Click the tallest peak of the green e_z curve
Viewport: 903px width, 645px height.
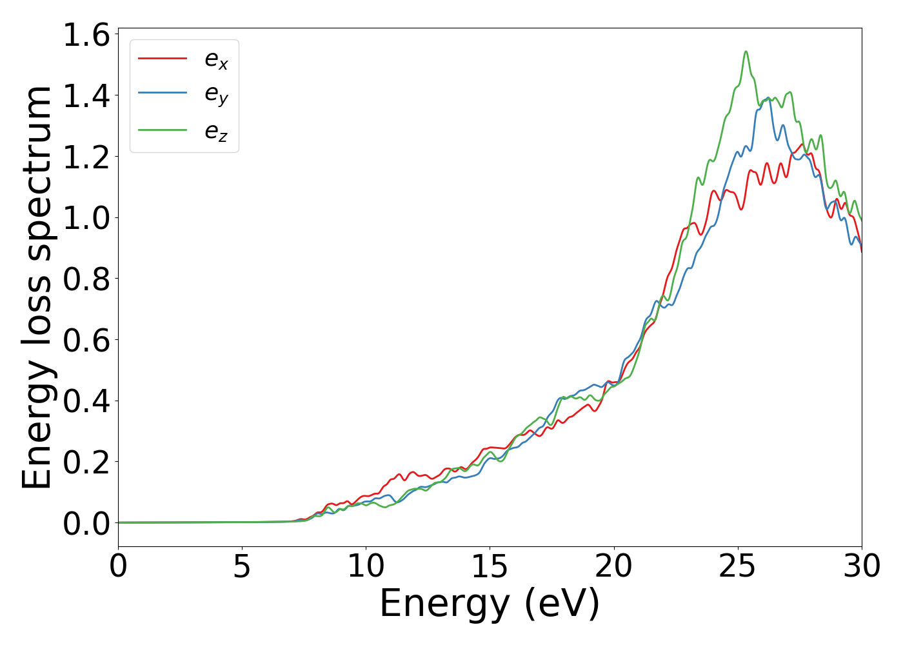tap(746, 52)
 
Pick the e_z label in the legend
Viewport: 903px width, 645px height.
tap(216, 132)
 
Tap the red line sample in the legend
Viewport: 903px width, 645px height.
tap(163, 58)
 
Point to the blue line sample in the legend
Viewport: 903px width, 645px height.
tap(163, 94)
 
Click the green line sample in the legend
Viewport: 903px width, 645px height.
tap(163, 130)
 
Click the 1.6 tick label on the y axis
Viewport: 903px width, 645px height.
tap(86, 35)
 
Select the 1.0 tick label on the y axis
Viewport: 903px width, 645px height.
tap(86, 218)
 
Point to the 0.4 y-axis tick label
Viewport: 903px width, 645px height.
tap(86, 401)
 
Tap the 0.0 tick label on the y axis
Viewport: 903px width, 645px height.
tap(86, 523)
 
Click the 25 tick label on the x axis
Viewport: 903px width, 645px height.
tap(737, 566)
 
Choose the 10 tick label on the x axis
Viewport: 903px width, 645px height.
tap(366, 566)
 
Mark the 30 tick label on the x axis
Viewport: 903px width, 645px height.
tap(862, 566)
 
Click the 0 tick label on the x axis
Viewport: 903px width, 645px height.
tap(118, 566)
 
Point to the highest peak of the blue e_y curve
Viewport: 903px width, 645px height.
tap(768, 99)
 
